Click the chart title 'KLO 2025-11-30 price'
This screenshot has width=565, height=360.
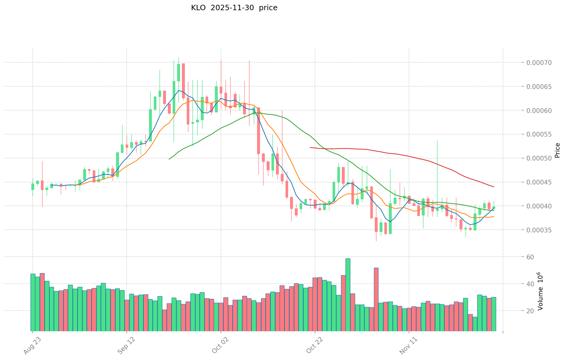tap(234, 8)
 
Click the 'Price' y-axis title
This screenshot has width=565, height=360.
tap(557, 150)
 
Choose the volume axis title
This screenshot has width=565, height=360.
tap(540, 291)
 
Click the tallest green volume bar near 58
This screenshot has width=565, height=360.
tap(348, 295)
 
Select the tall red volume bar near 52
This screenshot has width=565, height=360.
tap(376, 300)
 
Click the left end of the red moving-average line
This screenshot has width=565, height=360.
tap(310, 147)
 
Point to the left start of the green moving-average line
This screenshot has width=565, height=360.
tap(169, 159)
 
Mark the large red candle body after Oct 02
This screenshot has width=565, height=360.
tap(258, 131)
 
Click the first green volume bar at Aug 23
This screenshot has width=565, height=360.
tap(33, 302)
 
